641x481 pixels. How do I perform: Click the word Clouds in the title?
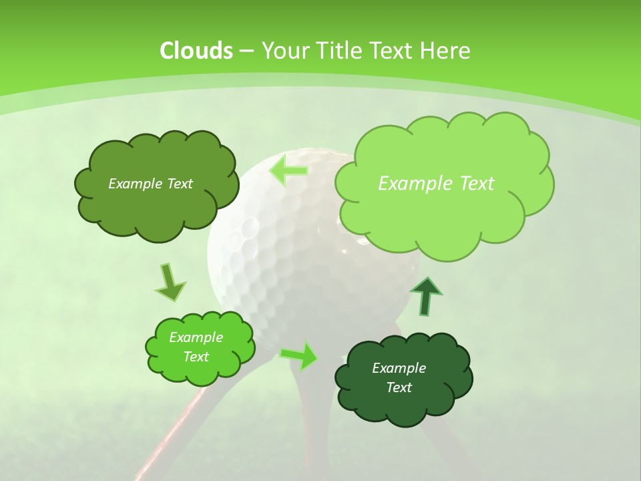coord(196,51)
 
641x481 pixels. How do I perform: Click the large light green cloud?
coord(444,200)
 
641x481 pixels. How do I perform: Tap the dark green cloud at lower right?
coord(403,401)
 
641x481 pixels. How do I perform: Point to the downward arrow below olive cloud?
coord(170,282)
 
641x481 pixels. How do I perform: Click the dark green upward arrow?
coord(425,296)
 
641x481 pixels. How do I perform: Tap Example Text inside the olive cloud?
coord(150,184)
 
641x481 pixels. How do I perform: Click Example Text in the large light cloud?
coord(436,184)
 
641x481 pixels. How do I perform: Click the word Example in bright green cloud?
coord(196,337)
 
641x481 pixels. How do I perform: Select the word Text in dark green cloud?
coord(399,387)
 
